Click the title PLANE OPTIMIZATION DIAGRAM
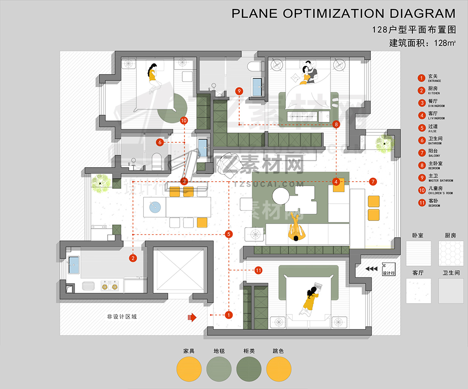[x=343, y=13]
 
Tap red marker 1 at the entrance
[x=228, y=314]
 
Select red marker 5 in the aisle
[x=228, y=234]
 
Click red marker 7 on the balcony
[x=373, y=182]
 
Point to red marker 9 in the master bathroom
[x=239, y=91]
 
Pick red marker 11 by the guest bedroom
[x=258, y=270]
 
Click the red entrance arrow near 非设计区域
[x=192, y=318]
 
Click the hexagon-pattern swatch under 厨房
[x=451, y=253]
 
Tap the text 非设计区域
[x=122, y=317]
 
